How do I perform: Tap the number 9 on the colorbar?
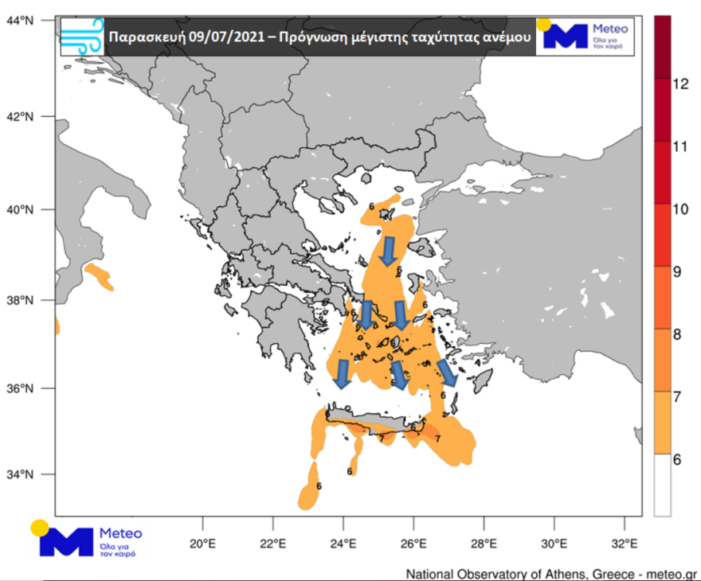676,271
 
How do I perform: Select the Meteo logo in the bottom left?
85,539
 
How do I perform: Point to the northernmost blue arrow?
388,251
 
